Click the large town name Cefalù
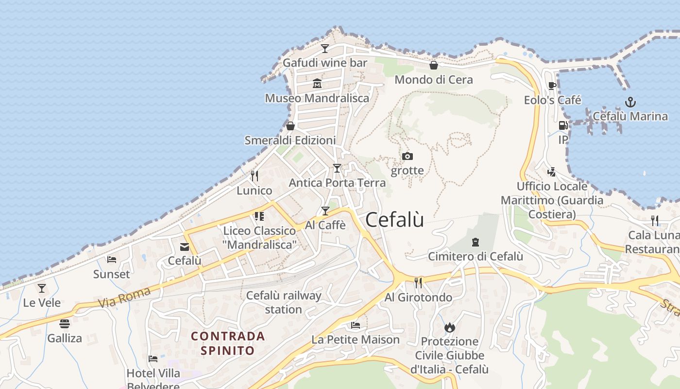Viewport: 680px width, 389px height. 394,220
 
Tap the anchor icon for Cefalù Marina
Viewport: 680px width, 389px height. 630,102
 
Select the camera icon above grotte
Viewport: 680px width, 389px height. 408,156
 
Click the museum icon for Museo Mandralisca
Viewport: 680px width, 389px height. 317,84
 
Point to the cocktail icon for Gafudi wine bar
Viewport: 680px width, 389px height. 325,48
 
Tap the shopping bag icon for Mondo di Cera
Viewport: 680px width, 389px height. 434,65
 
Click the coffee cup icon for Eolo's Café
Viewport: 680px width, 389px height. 552,86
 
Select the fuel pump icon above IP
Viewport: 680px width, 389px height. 563,125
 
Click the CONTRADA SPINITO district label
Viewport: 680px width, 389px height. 228,343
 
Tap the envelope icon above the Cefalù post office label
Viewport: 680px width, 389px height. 185,247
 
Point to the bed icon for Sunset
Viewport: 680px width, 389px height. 112,260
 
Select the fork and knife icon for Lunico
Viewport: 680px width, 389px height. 254,176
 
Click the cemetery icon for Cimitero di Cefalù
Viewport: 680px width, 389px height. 476,242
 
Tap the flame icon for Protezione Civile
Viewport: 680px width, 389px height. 450,327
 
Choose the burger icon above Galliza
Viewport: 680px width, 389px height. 65,323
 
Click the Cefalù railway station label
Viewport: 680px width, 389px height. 284,302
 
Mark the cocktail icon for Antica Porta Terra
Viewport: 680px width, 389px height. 337,168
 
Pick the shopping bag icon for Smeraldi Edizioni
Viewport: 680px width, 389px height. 290,126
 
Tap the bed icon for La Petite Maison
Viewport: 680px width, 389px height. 356,325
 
